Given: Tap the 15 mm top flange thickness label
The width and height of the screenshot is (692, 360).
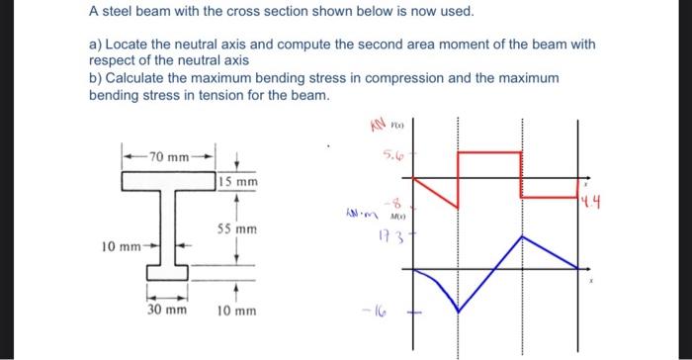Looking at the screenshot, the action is pyautogui.click(x=239, y=182).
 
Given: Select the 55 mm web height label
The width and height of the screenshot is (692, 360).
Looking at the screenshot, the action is pyautogui.click(x=238, y=228).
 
